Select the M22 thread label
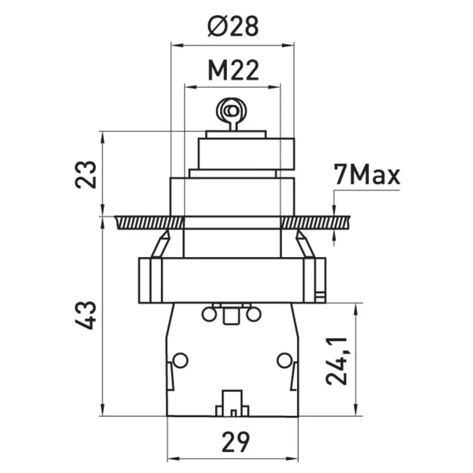pos(233,70)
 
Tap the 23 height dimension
pos(86,174)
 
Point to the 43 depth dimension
pos(86,315)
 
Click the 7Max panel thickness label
pos(366,174)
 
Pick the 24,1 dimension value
pos(336,361)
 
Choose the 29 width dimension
pos(235,442)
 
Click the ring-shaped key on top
pos(232,111)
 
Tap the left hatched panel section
pos(149,223)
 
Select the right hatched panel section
pos(315,223)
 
